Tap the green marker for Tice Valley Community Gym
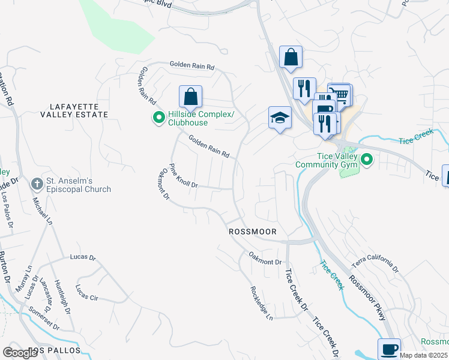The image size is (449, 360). click(x=368, y=160)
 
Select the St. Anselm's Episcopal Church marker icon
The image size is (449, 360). click(x=38, y=183)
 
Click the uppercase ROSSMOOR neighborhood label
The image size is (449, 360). click(x=253, y=231)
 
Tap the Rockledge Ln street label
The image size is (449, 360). click(x=261, y=302)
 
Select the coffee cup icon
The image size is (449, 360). click(x=389, y=348)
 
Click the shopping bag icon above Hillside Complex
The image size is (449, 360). click(x=190, y=96)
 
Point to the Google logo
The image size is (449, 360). click(x=20, y=353)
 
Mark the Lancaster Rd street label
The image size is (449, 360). click(x=46, y=292)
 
